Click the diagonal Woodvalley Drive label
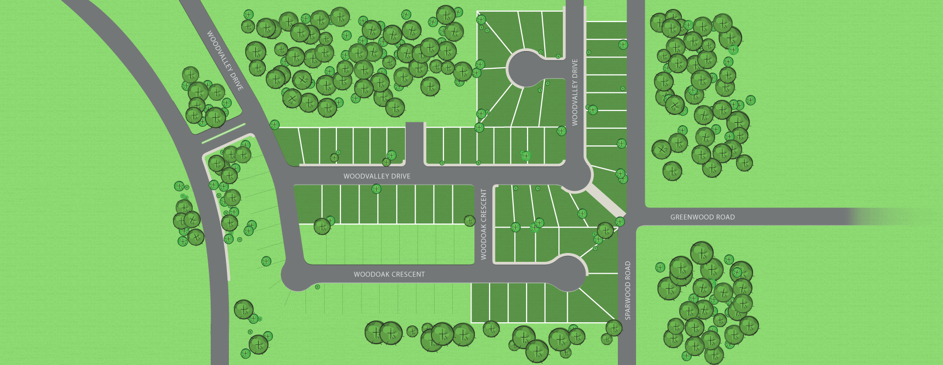[224, 60]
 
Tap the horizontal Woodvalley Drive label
[377, 176]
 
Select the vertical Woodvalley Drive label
[575, 92]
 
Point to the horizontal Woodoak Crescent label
[389, 274]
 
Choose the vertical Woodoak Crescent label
[483, 224]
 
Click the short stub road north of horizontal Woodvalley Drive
[415, 142]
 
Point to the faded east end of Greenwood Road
[884, 217]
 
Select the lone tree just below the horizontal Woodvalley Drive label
[376, 189]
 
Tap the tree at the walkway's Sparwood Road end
[620, 222]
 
